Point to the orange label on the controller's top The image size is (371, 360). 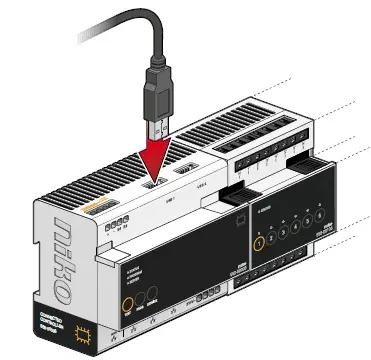pos(94,209)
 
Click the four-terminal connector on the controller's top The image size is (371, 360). pos(117,223)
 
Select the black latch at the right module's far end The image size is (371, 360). pos(313,161)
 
